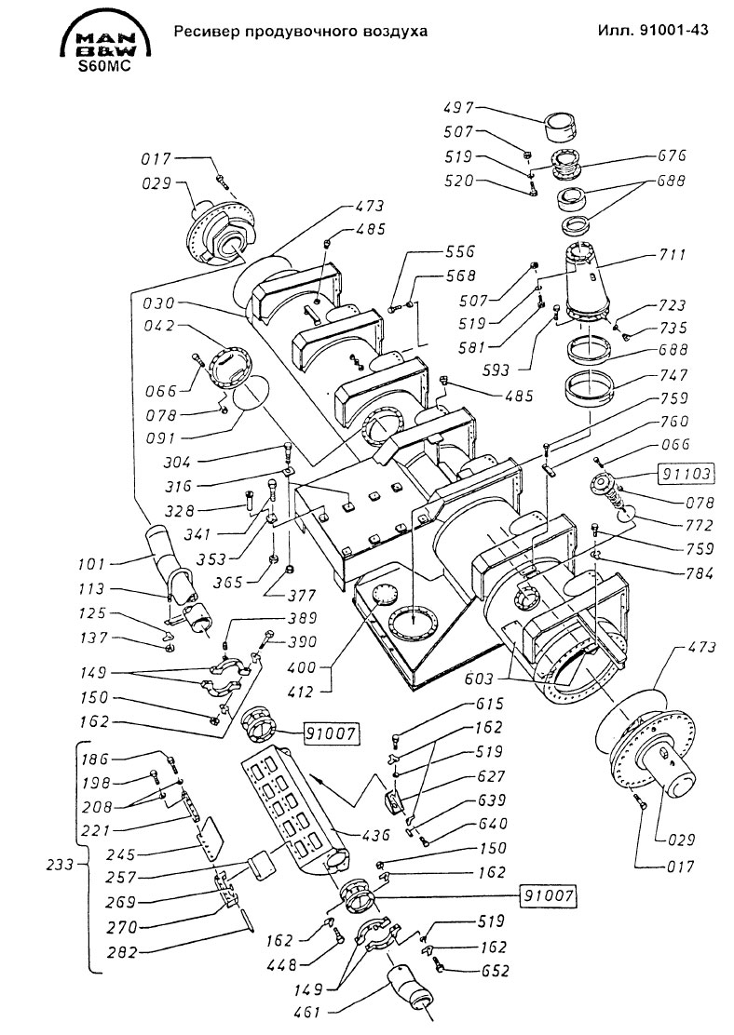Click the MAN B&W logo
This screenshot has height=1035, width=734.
coord(105,40)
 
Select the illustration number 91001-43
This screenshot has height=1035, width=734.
coord(673,30)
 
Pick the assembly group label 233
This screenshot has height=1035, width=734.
coord(61,864)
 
